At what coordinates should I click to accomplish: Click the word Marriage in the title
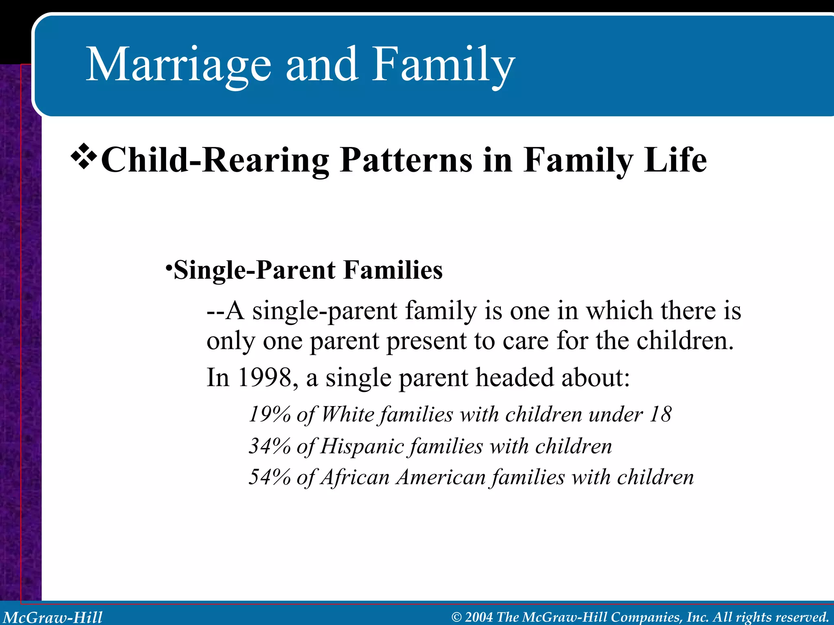[x=178, y=65]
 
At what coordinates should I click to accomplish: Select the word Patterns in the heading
[x=406, y=160]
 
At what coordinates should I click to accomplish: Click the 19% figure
[x=269, y=415]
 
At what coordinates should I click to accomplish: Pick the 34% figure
[x=269, y=446]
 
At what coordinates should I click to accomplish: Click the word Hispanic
[x=362, y=447]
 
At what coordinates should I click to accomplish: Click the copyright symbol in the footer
[x=457, y=617]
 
